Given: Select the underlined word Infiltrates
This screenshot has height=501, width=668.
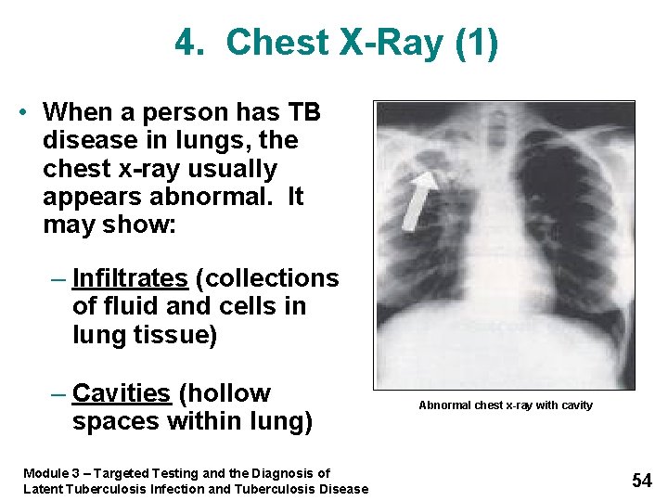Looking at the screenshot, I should pyautogui.click(x=129, y=278).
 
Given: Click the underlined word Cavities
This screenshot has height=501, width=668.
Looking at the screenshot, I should pyautogui.click(x=122, y=393).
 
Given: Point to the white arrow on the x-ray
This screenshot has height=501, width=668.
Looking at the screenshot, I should pyautogui.click(x=420, y=198).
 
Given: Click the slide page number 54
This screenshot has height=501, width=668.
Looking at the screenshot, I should pyautogui.click(x=642, y=480).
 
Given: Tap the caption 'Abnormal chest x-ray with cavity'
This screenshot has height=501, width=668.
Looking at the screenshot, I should pyautogui.click(x=505, y=405).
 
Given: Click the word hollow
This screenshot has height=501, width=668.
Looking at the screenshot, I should pyautogui.click(x=227, y=393).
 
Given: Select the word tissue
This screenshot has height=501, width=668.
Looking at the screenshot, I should pyautogui.click(x=180, y=334).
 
